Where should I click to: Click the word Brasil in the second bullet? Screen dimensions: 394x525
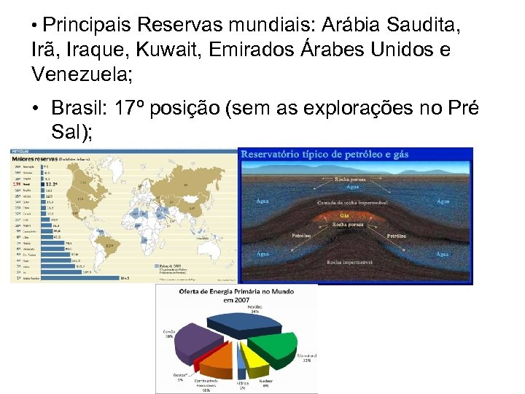point(78,108)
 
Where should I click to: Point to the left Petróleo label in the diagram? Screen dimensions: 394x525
point(301,236)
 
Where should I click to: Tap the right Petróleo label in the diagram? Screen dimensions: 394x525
point(397,236)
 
